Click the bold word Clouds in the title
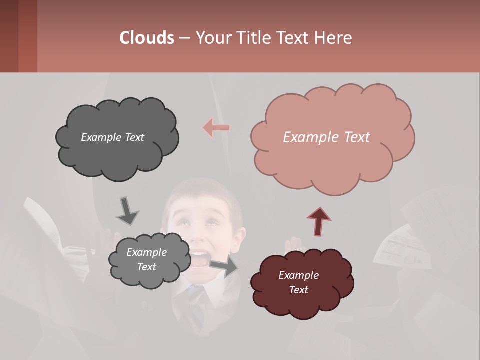pos(146,38)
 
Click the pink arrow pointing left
pos(216,128)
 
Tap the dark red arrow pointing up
pos(319,220)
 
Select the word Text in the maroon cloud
pos(298,290)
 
